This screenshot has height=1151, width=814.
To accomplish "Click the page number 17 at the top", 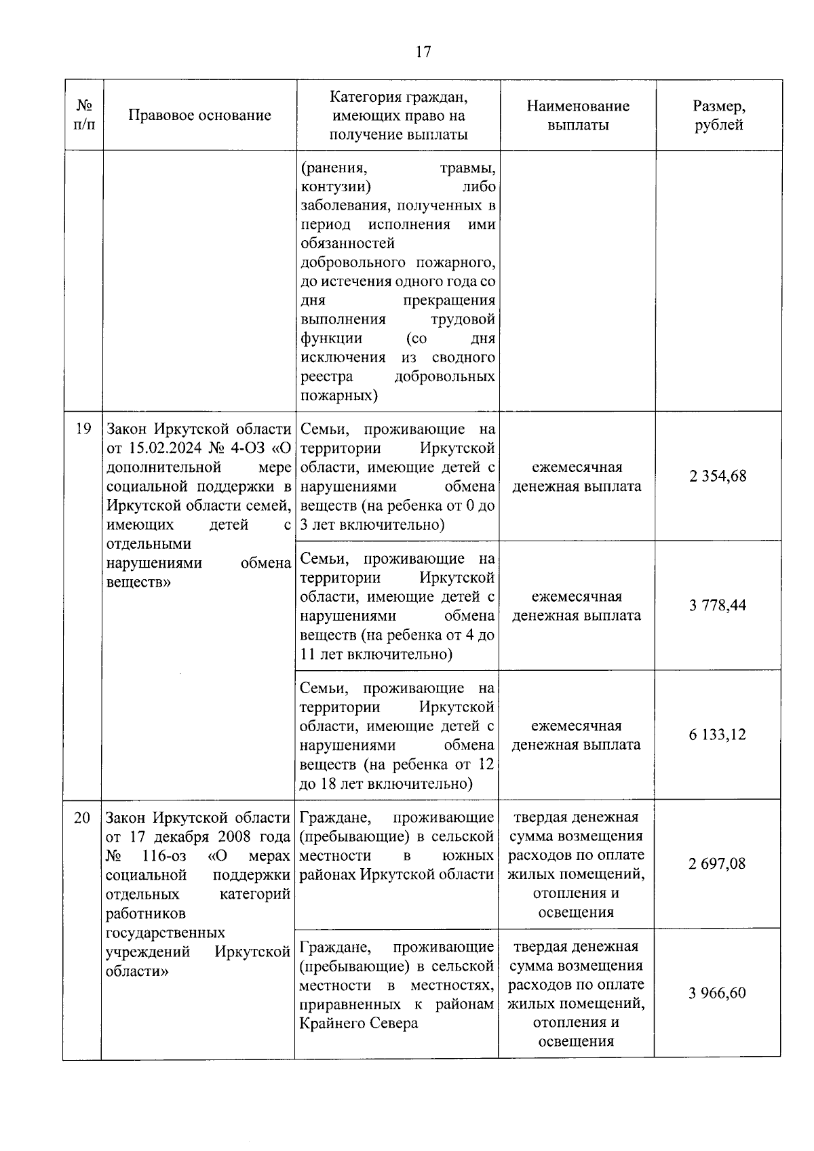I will click(423, 52).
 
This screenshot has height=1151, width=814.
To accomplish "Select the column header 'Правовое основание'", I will click(199, 115).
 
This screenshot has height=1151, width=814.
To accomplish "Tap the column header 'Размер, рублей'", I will click(718, 115).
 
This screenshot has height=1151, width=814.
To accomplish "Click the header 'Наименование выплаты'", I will click(578, 115).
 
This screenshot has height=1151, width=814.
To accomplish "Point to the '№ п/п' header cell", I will click(84, 115).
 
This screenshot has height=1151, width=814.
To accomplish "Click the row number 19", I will click(83, 429).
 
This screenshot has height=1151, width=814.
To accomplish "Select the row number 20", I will click(82, 818).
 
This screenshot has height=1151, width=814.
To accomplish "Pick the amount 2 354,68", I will click(718, 476).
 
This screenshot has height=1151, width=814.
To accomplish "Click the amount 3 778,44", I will click(718, 605).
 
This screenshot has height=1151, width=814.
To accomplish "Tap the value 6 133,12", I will click(718, 735).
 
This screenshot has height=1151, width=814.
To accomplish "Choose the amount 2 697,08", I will click(717, 863).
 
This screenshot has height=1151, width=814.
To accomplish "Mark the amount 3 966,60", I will click(717, 993).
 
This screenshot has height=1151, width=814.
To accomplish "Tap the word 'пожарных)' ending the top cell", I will click(338, 395).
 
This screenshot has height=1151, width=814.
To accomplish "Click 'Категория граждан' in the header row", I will click(399, 97).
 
